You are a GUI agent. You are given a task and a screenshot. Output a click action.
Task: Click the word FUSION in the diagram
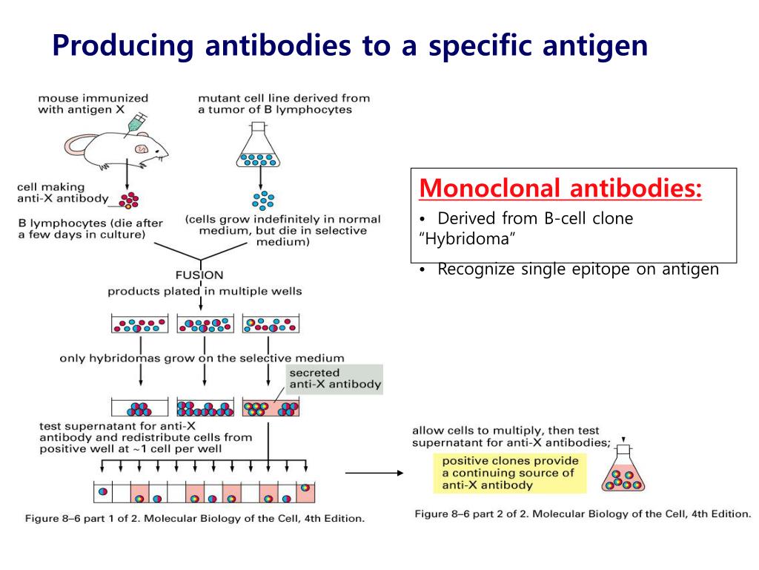click(x=199, y=275)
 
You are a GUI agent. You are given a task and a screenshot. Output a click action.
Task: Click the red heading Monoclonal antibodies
click(x=560, y=189)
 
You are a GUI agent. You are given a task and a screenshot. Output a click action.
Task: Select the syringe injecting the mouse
click(x=136, y=122)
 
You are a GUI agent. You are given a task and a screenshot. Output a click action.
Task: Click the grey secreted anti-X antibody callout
click(x=334, y=379)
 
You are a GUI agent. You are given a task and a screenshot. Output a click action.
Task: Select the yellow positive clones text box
click(x=509, y=473)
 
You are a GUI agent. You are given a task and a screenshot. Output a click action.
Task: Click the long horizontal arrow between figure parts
click(x=374, y=472)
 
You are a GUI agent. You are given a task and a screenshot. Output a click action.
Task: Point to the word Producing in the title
click(x=123, y=46)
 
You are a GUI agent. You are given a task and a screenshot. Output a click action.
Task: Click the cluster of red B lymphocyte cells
click(x=129, y=199)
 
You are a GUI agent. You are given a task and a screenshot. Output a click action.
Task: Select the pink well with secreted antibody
click(x=271, y=407)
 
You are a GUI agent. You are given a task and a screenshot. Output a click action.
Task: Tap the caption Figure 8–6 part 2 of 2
click(x=582, y=514)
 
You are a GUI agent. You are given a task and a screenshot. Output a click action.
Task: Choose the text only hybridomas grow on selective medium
click(x=202, y=358)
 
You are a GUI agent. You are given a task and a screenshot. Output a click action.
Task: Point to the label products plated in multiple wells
click(x=205, y=291)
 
